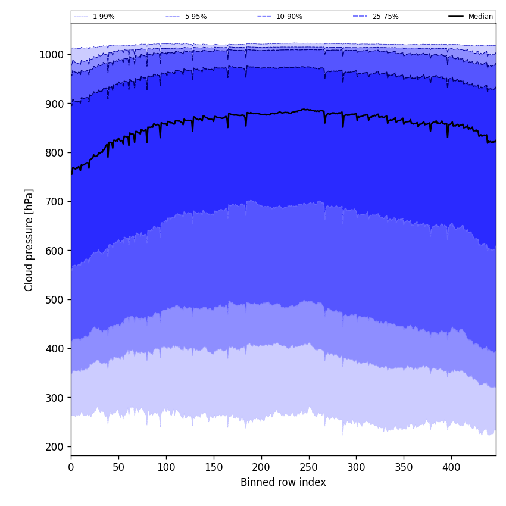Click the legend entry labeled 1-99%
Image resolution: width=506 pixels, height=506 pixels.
click(104, 17)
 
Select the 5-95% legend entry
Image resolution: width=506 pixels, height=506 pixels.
click(195, 17)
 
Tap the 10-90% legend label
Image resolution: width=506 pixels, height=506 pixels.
click(289, 17)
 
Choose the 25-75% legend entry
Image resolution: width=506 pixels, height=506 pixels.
click(385, 17)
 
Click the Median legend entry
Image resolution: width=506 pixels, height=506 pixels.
click(480, 17)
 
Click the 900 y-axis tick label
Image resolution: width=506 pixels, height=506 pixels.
click(54, 104)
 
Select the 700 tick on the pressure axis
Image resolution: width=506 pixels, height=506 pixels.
click(54, 202)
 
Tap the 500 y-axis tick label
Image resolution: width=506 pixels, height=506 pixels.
click(54, 299)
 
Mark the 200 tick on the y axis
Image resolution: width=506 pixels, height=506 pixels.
click(54, 446)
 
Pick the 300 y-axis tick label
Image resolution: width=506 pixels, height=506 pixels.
click(54, 398)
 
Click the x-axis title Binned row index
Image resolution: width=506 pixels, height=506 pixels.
click(283, 482)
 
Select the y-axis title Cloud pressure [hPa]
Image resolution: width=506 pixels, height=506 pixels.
click(29, 240)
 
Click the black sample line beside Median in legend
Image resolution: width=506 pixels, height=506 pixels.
click(456, 17)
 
